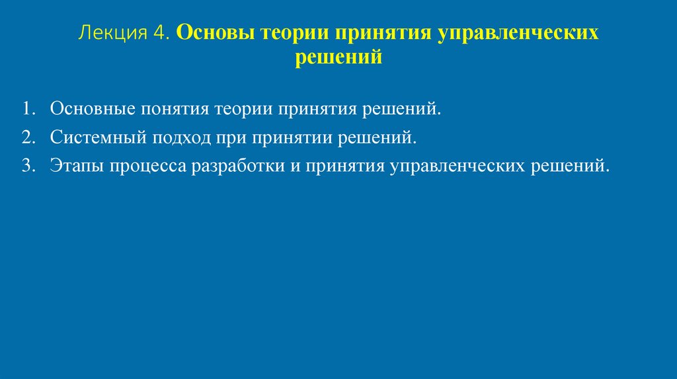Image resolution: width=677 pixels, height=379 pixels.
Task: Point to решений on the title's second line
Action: coord(338,57)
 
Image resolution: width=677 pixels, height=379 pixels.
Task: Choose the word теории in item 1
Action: coord(243,108)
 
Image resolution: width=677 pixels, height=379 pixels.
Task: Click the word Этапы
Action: coord(74,166)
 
